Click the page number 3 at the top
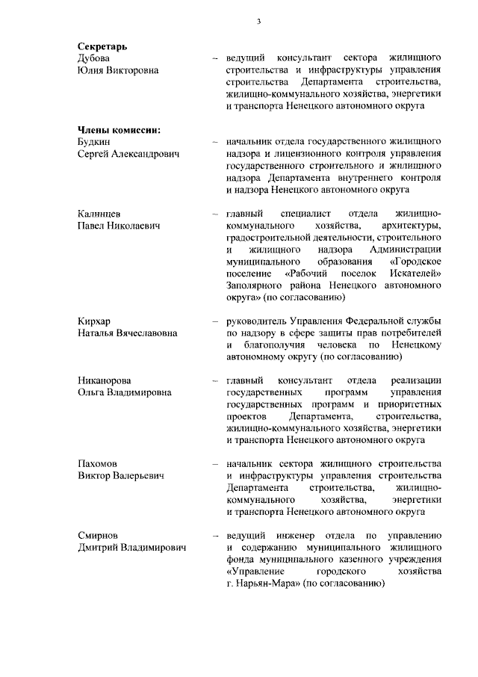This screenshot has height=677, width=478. [x=258, y=21]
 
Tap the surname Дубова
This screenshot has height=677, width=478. [x=95, y=58]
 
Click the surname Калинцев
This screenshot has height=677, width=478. [x=99, y=214]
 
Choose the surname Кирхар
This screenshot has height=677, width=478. [x=94, y=321]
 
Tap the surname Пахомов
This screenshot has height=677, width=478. [x=97, y=463]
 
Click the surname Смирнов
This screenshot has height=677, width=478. [x=98, y=536]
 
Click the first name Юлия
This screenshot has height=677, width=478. [x=91, y=70]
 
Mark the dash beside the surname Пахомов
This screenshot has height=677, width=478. [x=214, y=463]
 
